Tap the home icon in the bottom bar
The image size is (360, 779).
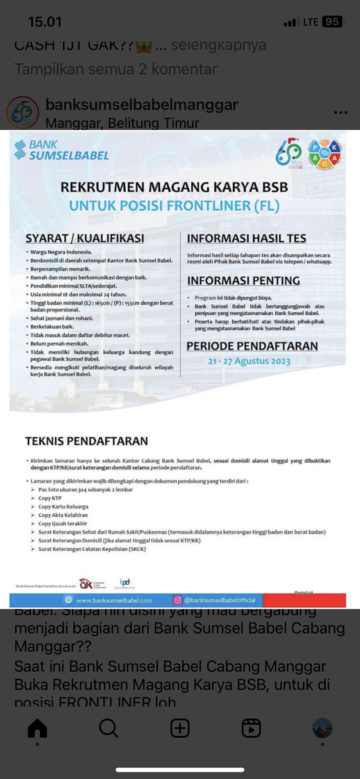pyautogui.click(x=37, y=728)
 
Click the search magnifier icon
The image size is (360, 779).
pyautogui.click(x=108, y=728)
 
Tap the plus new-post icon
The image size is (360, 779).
pyautogui.click(x=180, y=728)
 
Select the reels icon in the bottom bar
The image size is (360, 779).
pyautogui.click(x=251, y=728)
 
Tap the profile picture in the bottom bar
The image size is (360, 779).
pyautogui.click(x=322, y=728)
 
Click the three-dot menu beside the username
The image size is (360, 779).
pyautogui.click(x=340, y=113)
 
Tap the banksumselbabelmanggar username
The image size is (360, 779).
pyautogui.click(x=142, y=105)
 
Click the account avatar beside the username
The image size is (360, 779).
pyautogui.click(x=23, y=113)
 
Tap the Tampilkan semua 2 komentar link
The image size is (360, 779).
pyautogui.click(x=116, y=69)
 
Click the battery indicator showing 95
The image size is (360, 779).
pyautogui.click(x=333, y=22)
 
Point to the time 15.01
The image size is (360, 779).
pyautogui.click(x=45, y=22)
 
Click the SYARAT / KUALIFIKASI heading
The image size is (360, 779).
pyautogui.click(x=85, y=238)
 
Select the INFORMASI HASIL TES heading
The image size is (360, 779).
pyautogui.click(x=247, y=238)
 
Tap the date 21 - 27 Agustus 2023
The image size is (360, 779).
pyautogui.click(x=249, y=361)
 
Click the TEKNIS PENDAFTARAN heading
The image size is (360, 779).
pyautogui.click(x=87, y=441)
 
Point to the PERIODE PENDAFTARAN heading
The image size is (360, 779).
pyautogui.click(x=252, y=346)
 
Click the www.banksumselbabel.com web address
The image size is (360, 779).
pyautogui.click(x=114, y=600)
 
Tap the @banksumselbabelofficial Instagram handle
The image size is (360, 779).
pyautogui.click(x=220, y=600)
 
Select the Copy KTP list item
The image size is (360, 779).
pyautogui.click(x=50, y=498)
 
